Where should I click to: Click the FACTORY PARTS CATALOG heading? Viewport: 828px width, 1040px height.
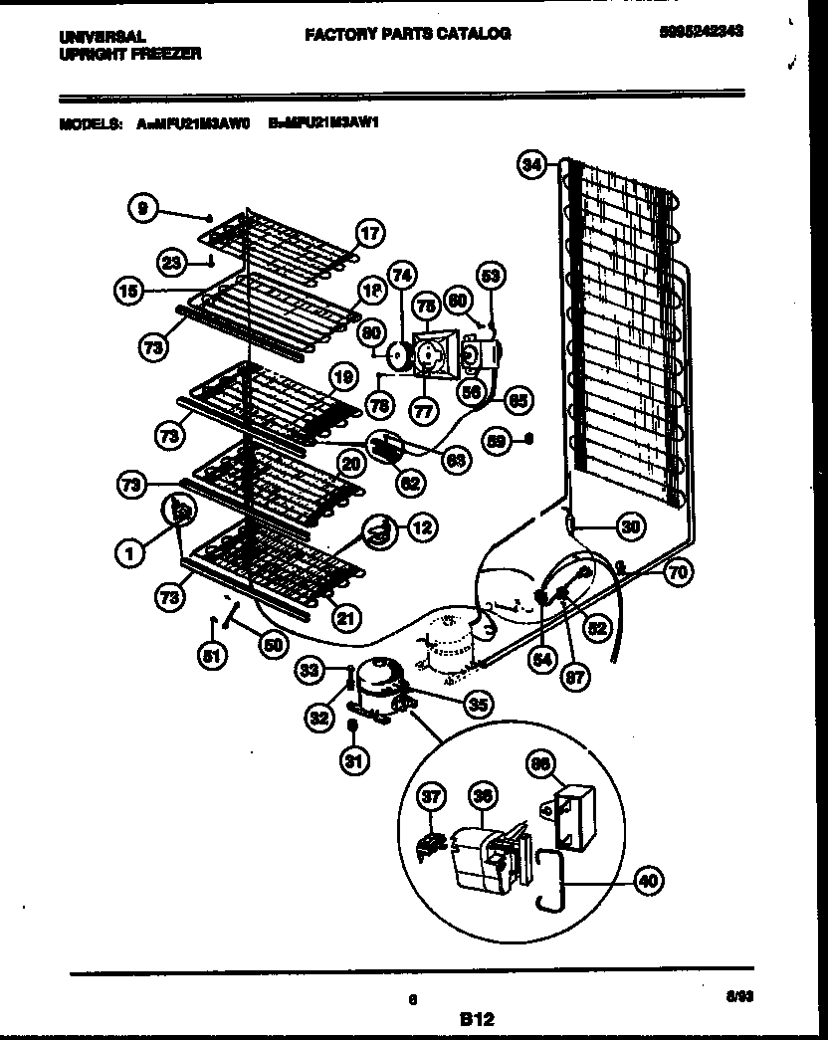coord(407,34)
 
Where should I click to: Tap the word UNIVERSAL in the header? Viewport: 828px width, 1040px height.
coord(95,37)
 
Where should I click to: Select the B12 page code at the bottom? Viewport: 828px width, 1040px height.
coord(477,1018)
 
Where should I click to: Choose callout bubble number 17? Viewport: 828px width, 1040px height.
coord(368,235)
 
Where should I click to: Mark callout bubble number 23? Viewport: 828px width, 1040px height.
coord(175,263)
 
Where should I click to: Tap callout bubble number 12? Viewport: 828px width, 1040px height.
coord(422,527)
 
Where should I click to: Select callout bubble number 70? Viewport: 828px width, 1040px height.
coord(678,571)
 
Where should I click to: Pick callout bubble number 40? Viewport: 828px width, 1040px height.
coord(647,880)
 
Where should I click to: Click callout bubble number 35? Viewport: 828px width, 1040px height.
coord(479,704)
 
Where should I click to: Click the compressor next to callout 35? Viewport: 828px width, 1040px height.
coord(381,685)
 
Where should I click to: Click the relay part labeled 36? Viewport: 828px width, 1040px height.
coord(479,852)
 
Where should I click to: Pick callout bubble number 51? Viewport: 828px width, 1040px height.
coord(213,656)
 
